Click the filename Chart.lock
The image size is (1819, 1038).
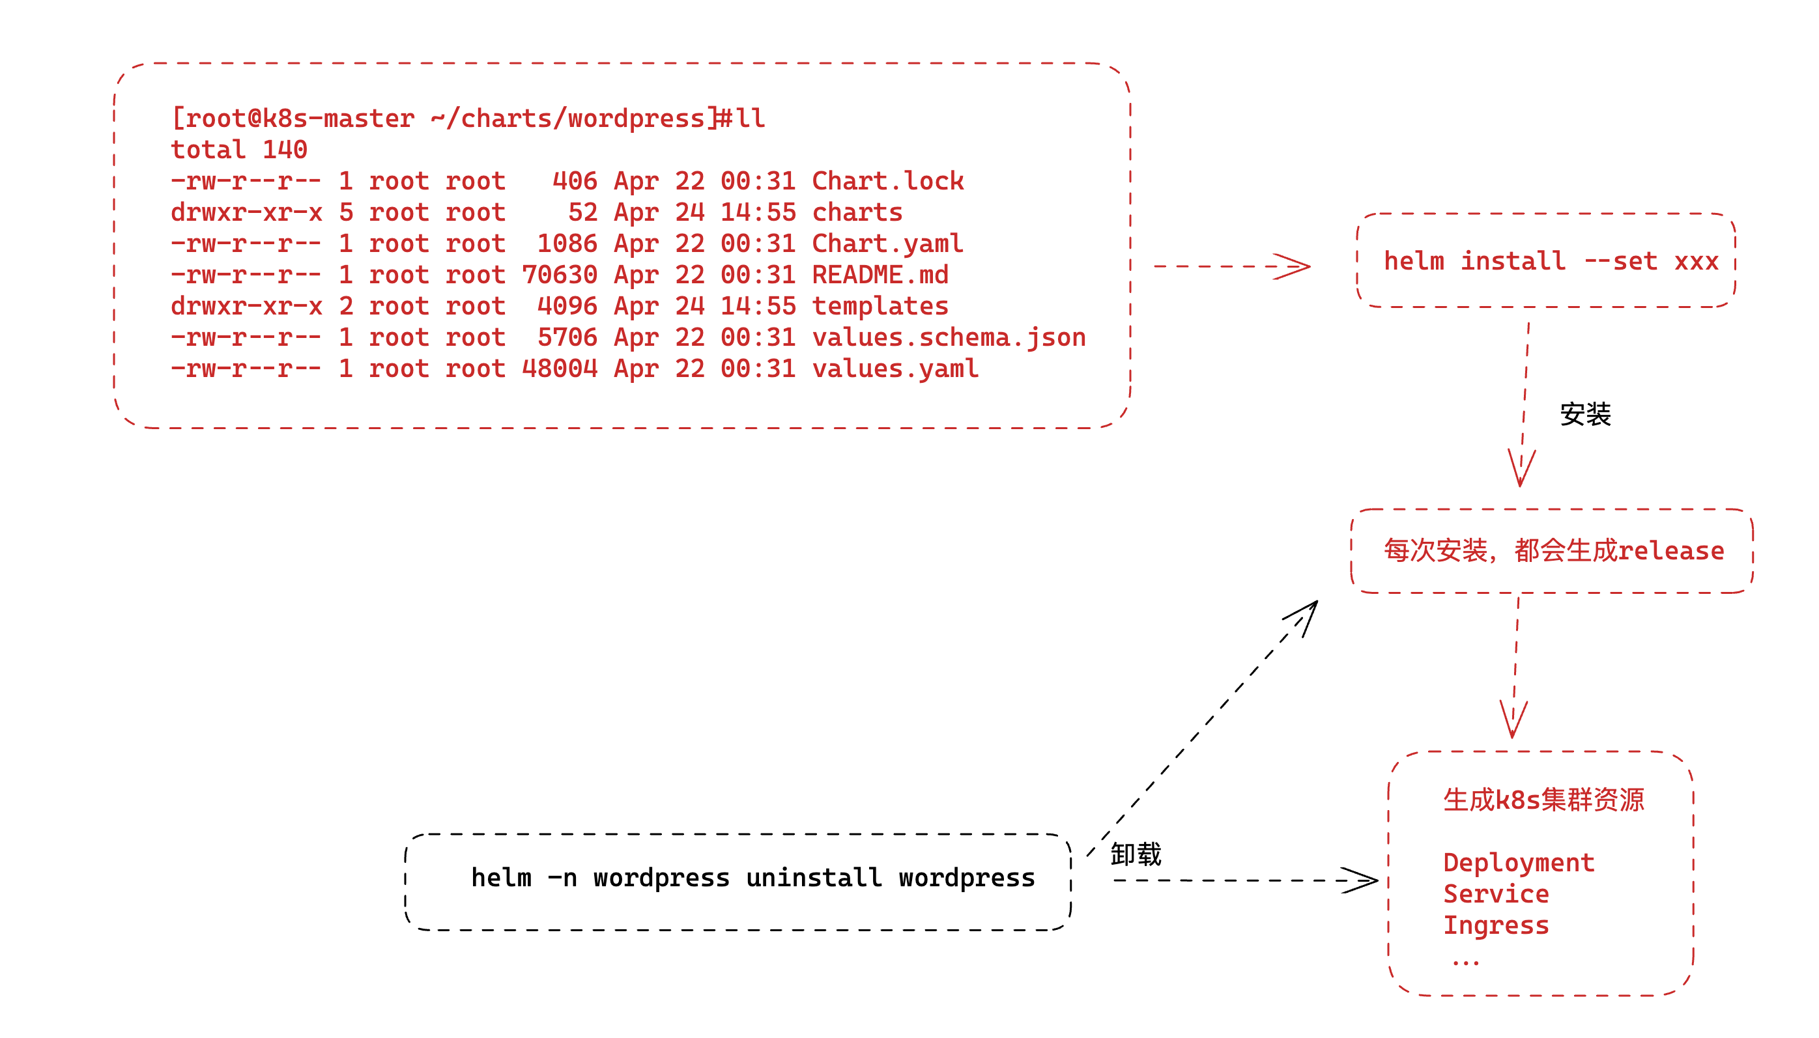click(x=887, y=181)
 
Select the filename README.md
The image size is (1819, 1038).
click(x=880, y=275)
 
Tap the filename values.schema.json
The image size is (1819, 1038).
click(x=949, y=338)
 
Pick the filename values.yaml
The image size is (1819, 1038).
click(x=895, y=369)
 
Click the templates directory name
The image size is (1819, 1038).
click(x=880, y=307)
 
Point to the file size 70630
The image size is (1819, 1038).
click(x=559, y=275)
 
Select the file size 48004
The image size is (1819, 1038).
click(x=559, y=369)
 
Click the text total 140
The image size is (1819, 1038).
click(x=239, y=150)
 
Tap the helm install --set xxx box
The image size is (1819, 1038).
click(x=1545, y=261)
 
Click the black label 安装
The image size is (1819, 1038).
click(x=1584, y=414)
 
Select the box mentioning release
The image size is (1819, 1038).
click(x=1552, y=551)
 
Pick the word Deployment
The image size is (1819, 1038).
click(x=1518, y=863)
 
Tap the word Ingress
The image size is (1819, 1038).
click(x=1495, y=925)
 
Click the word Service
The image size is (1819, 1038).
click(x=1495, y=894)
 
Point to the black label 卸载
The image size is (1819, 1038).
click(x=1135, y=854)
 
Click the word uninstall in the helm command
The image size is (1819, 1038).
click(x=814, y=878)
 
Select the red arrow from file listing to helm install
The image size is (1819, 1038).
click(x=1231, y=266)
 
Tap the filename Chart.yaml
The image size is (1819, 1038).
click(x=887, y=244)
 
